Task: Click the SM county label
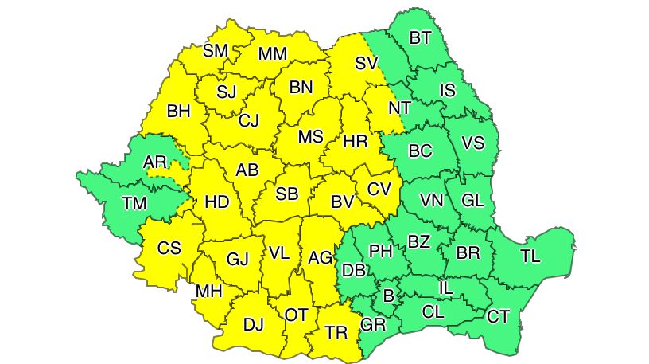point(216,51)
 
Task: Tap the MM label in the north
point(272,54)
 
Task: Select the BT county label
point(420,37)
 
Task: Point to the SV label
point(365,63)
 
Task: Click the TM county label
point(134,204)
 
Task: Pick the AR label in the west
point(154,162)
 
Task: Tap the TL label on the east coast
point(530,256)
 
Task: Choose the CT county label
point(498,317)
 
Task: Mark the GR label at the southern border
point(373,325)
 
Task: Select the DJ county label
point(253,324)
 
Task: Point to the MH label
point(208,292)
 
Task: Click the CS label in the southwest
point(169,248)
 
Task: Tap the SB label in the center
point(287,194)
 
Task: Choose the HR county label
point(355,143)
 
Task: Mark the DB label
point(353,271)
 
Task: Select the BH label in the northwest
point(178,112)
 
